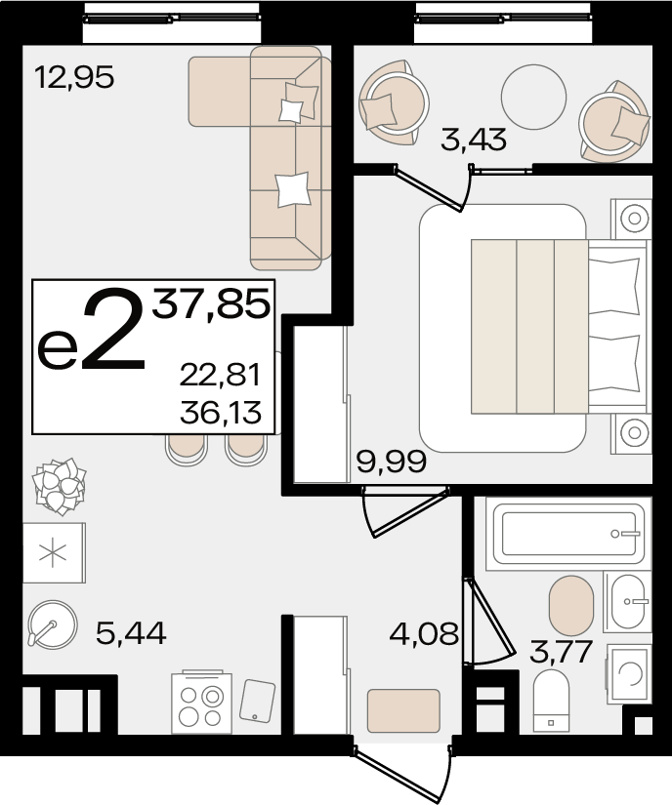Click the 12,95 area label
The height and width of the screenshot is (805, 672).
[74, 78]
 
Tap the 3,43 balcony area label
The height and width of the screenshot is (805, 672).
[474, 140]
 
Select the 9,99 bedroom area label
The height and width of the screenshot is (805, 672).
[392, 462]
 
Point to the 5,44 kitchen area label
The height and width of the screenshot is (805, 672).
[131, 633]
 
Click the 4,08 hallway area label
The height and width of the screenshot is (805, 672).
[424, 633]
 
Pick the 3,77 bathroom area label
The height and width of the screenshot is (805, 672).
[561, 652]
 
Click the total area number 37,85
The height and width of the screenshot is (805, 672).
[211, 304]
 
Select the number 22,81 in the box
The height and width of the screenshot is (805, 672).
[221, 375]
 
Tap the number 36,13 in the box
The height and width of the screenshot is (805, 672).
[221, 413]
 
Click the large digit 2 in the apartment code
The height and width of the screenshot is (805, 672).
[114, 329]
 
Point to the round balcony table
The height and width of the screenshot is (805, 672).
[534, 97]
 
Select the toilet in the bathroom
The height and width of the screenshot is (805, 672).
[551, 701]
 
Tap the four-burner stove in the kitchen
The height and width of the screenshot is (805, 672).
[201, 703]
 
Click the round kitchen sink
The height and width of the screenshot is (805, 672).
[53, 624]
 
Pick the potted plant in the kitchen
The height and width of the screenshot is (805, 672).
[59, 486]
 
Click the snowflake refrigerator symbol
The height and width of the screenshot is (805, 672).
[54, 553]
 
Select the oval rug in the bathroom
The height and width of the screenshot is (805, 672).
[571, 606]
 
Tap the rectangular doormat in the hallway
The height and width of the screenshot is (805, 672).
[403, 710]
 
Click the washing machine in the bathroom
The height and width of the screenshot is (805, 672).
[629, 673]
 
